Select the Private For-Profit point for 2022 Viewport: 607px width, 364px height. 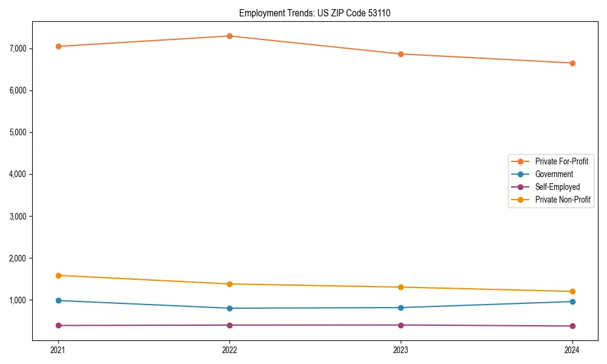[229, 36]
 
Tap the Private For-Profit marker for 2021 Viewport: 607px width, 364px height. [58, 46]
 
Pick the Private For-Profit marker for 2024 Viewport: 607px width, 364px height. [572, 63]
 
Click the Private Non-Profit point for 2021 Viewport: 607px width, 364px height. [58, 275]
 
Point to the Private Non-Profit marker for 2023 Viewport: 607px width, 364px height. [401, 287]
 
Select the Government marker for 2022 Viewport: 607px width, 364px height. [229, 308]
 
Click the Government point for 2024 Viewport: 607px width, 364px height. [572, 302]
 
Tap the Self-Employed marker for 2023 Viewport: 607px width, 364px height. [401, 325]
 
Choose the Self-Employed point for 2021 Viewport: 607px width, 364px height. [58, 325]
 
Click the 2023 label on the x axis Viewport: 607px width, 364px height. [401, 349]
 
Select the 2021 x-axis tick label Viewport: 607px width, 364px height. [58, 349]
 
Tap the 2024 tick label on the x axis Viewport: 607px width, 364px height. [572, 349]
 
